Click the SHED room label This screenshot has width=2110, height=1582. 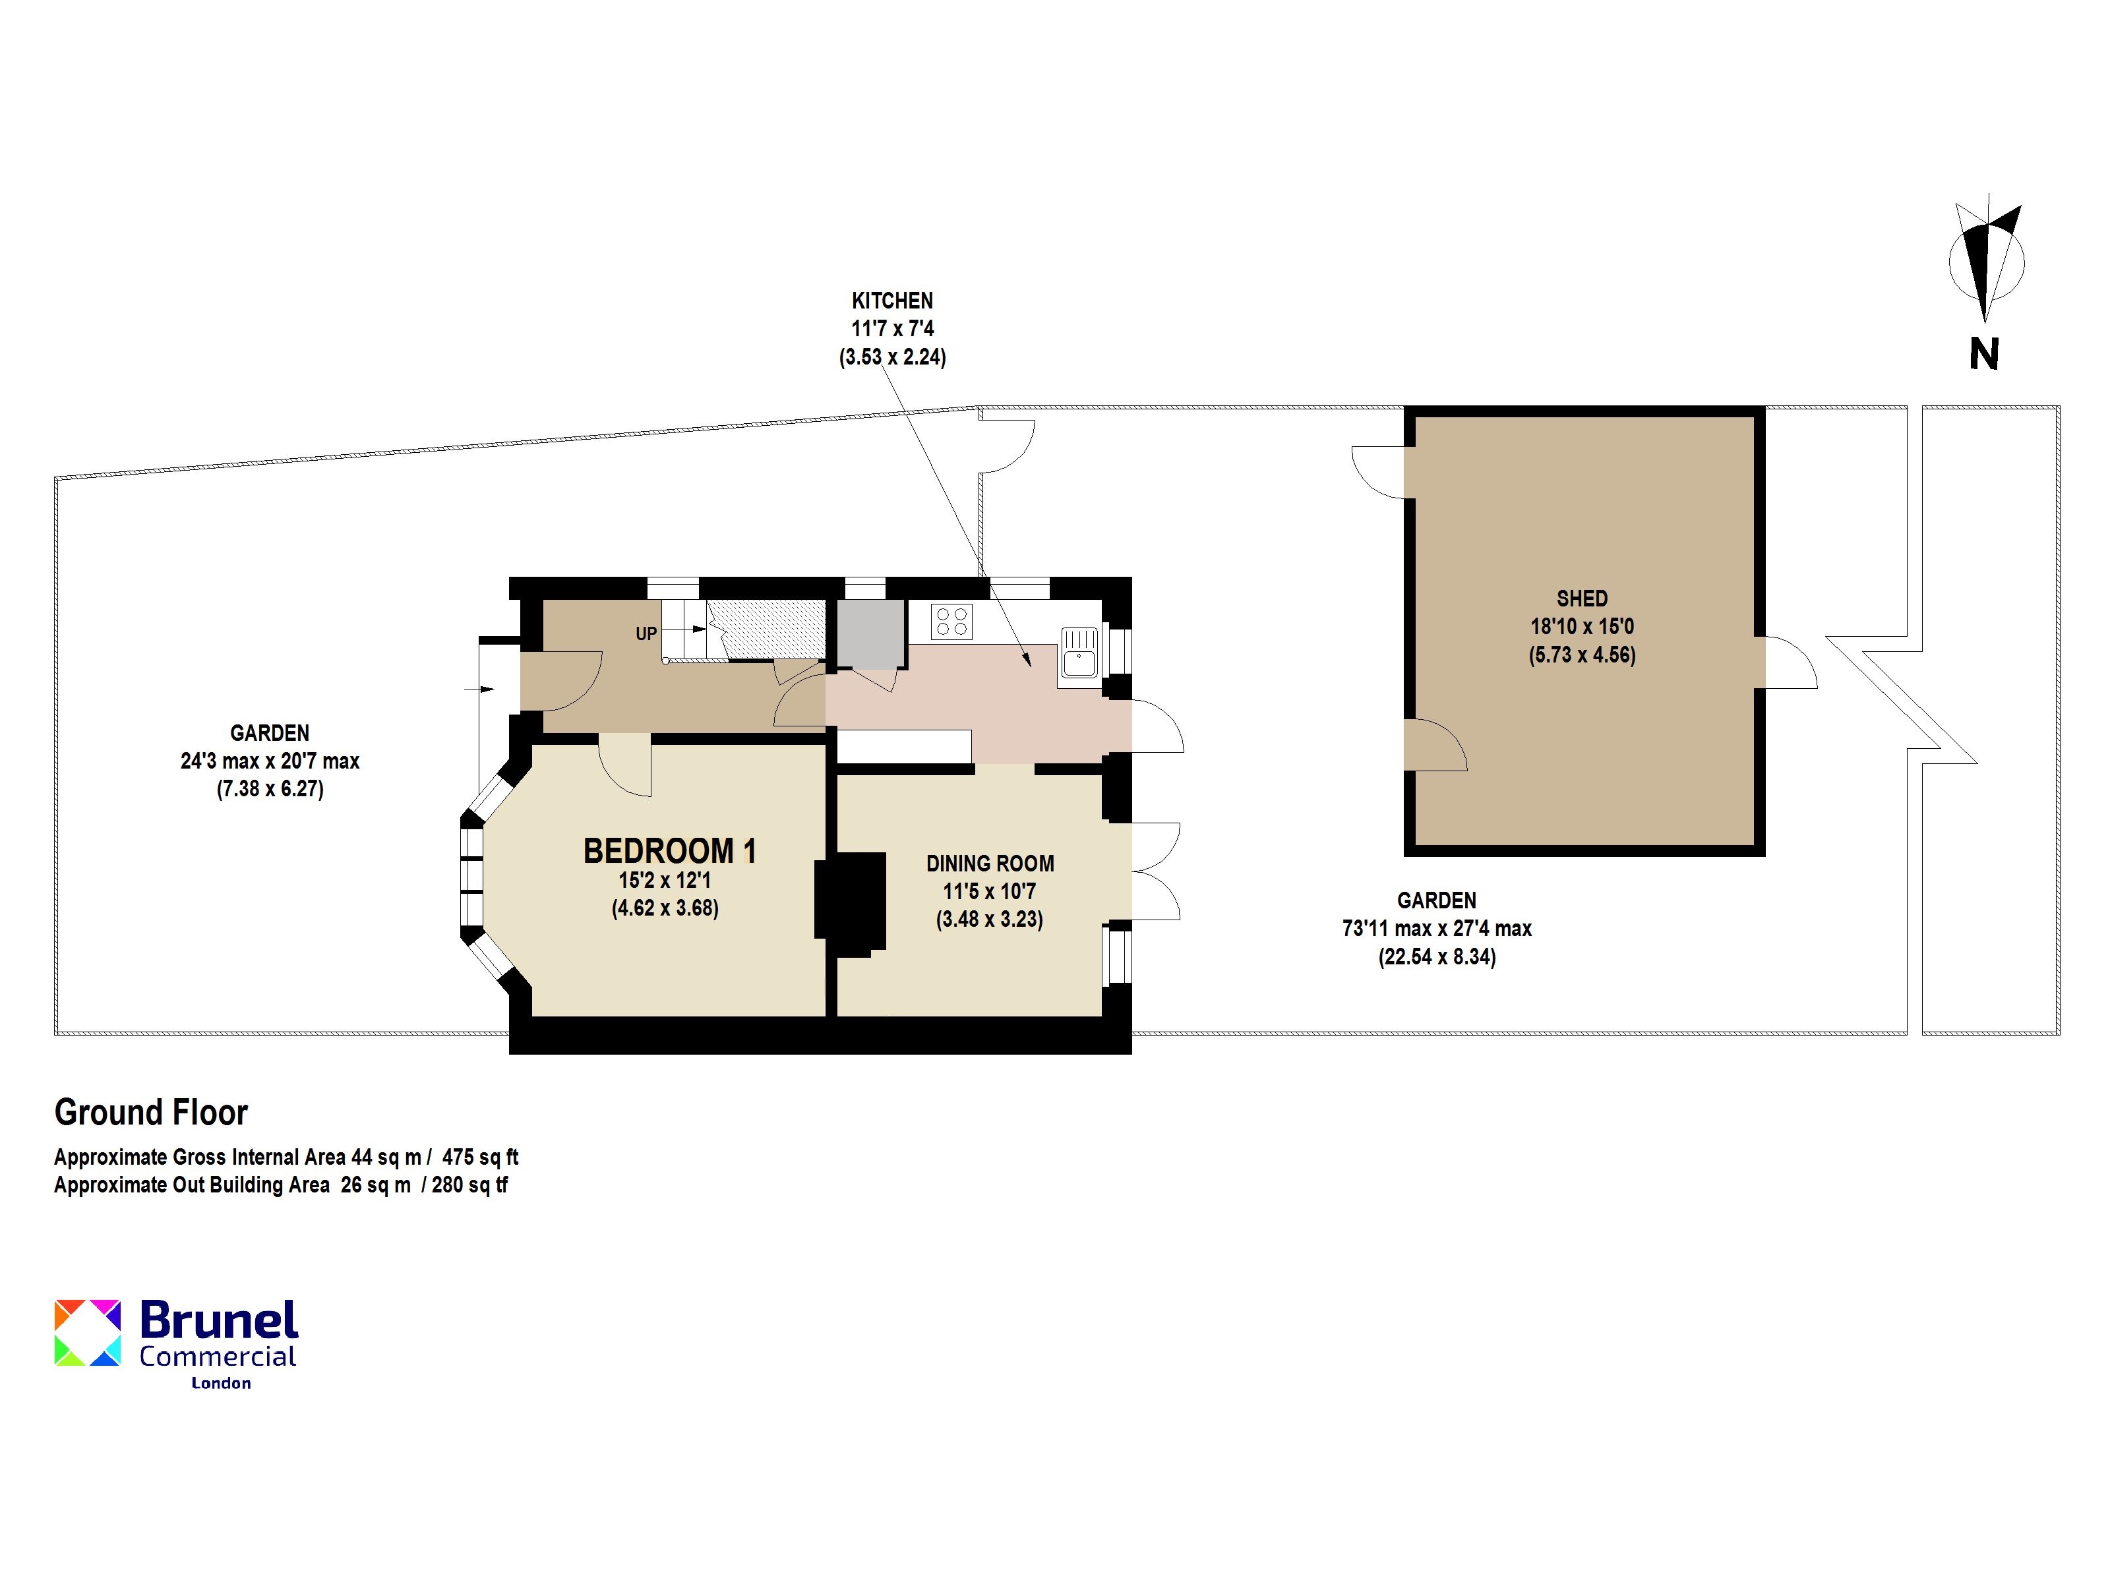(1582, 599)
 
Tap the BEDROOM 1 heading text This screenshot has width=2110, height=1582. (670, 850)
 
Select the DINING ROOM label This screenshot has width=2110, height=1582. (990, 864)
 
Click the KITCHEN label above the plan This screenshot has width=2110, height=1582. (892, 301)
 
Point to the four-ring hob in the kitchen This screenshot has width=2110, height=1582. (952, 622)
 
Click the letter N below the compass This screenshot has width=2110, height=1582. (1984, 355)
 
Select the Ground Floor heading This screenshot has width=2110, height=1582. (151, 1113)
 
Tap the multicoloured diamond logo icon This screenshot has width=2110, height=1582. (88, 1332)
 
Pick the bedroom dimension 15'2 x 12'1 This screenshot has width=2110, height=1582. (665, 880)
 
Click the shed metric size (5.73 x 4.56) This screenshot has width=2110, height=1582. (1582, 655)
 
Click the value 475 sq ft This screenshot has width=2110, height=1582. (480, 1157)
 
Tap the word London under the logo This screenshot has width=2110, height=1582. (222, 1383)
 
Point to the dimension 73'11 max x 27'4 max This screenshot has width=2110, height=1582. (1437, 929)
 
